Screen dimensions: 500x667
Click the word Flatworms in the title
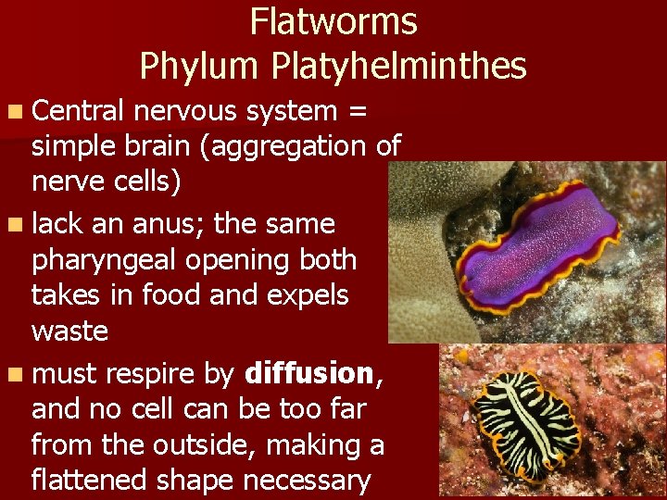pyautogui.click(x=333, y=21)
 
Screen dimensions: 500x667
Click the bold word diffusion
pyautogui.click(x=308, y=373)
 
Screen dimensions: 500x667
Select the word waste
pyautogui.click(x=69, y=331)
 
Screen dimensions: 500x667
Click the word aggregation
pyautogui.click(x=294, y=146)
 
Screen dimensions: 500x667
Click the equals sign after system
pyautogui.click(x=356, y=112)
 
